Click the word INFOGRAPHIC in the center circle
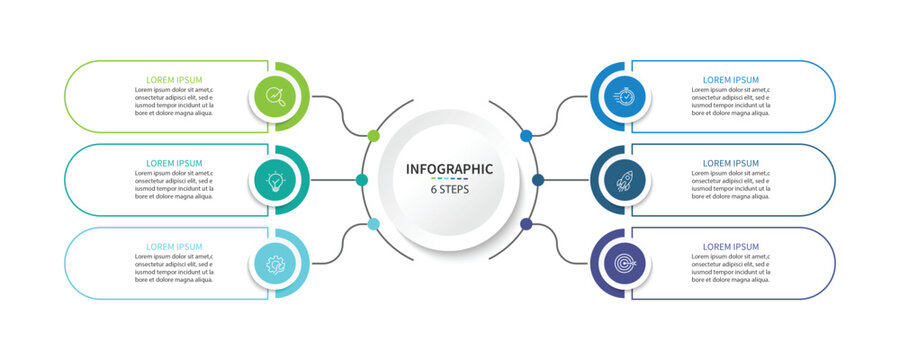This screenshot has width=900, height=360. tap(449, 168)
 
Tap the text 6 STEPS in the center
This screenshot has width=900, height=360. tap(449, 189)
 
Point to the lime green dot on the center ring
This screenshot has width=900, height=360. tap(374, 135)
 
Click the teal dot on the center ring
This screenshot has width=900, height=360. tap(362, 180)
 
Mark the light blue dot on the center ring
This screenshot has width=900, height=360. tap(374, 224)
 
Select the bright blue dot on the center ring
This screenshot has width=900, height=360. tap(526, 135)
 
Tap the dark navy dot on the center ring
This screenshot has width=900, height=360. tap(538, 180)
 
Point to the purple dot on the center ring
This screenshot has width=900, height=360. tap(526, 224)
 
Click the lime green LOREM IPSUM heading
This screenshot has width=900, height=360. tap(174, 79)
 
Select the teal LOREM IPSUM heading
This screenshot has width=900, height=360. tap(174, 163)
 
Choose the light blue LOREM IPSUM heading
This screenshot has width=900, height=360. tap(174, 246)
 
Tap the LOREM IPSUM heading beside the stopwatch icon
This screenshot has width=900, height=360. tap(731, 79)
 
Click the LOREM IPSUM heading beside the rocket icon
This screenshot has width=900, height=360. tap(731, 163)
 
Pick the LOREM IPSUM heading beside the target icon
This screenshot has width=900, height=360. tap(731, 246)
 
